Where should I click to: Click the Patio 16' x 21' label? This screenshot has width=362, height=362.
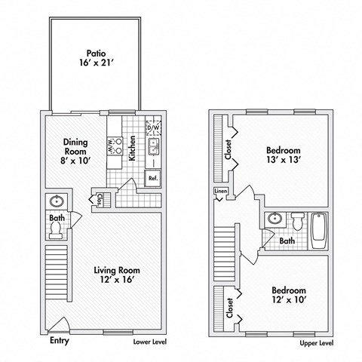pos(95,59)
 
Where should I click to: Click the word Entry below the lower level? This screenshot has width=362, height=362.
pos(60,339)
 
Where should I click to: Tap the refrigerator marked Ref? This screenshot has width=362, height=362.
pos(152,179)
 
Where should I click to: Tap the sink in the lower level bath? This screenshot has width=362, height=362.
pos(55,202)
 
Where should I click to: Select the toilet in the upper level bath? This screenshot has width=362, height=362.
pos(296,222)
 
